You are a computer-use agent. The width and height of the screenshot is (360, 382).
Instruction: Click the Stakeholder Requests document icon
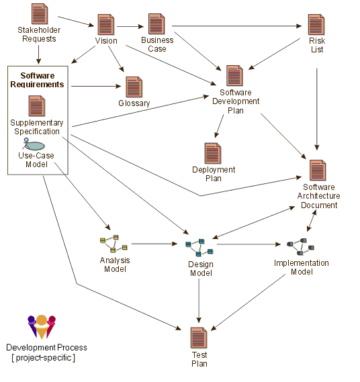coord(39,14)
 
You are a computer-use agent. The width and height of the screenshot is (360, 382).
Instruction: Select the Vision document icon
coord(105,25)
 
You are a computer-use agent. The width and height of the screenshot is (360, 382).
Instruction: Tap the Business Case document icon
coord(156,24)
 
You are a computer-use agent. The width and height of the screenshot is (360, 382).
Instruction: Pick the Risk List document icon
coord(316,25)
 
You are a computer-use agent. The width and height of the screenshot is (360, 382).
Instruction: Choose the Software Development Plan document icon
coord(234,76)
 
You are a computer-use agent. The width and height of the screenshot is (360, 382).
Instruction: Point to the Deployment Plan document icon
coord(213,154)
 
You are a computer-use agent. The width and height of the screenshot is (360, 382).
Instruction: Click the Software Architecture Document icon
coord(318,171)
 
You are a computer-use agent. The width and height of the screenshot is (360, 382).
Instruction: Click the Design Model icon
coord(199,248)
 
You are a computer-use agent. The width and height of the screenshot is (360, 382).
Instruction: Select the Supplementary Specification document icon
coord(36,106)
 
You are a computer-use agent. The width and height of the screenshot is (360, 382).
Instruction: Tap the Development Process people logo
coord(42,327)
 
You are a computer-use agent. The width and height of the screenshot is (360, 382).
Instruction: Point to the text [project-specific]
coord(44,358)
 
